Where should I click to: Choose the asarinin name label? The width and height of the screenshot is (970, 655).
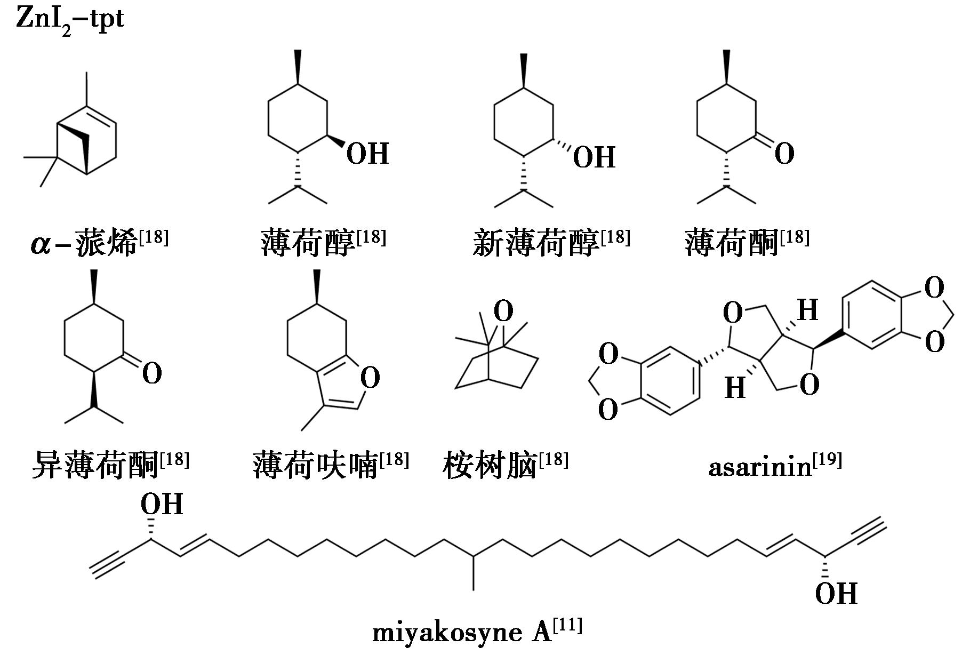pyautogui.click(x=759, y=467)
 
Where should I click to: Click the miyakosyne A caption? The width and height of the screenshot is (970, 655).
pyautogui.click(x=462, y=633)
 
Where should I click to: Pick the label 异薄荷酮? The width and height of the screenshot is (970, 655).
pyautogui.click(x=96, y=465)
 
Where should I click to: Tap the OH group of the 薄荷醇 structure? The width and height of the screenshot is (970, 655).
pyautogui.click(x=367, y=154)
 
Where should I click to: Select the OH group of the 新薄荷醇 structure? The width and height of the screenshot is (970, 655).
pyautogui.click(x=594, y=157)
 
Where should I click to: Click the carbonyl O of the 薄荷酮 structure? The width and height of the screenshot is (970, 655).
pyautogui.click(x=784, y=154)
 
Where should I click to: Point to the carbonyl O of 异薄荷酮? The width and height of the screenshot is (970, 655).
pyautogui.click(x=152, y=373)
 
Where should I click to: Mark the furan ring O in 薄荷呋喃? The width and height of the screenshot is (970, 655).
pyautogui.click(x=370, y=378)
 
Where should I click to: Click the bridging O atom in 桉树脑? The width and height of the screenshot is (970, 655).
pyautogui.click(x=503, y=310)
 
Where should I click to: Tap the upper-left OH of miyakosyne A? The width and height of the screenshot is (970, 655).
pyautogui.click(x=162, y=504)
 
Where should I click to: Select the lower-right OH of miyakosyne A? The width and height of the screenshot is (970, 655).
pyautogui.click(x=836, y=594)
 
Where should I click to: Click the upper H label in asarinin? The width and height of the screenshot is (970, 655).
pyautogui.click(x=807, y=310)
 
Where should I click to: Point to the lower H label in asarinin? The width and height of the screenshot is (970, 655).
pyautogui.click(x=735, y=388)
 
